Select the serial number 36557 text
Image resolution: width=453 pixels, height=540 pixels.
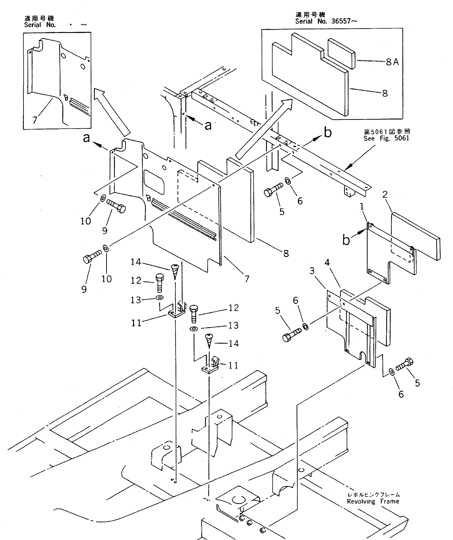tap(341, 21)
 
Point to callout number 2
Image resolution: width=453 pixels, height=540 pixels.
tap(385, 194)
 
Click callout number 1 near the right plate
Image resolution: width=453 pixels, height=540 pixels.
tap(362, 207)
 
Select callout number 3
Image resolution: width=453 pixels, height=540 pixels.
tap(312, 271)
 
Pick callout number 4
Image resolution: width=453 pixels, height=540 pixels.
tap(327, 263)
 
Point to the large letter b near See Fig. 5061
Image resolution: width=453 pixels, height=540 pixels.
tap(328, 133)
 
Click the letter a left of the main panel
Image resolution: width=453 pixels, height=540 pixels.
tap(87, 138)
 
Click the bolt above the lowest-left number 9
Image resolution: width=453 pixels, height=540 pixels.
tap(92, 257)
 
